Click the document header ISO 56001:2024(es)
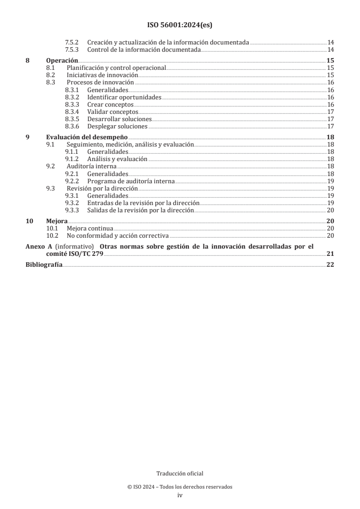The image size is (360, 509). pos(180,25)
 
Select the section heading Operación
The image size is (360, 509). pos(62,61)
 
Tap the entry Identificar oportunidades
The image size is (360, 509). pos(124,97)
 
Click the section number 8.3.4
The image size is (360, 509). pos(72,112)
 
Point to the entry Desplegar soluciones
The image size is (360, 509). pos(117,126)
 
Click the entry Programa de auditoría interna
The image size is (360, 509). pos(131,181)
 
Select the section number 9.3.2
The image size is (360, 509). pos(72,202)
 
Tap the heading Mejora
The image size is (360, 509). pos(57,221)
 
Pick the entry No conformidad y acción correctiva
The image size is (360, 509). pos(117,235)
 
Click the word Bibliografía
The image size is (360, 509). pos(44,265)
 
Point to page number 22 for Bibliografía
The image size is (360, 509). pos(330,265)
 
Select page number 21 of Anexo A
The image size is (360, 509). pos(330,254)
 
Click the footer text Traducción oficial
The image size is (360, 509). pos(180,474)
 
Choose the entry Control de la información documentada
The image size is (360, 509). pos(143,49)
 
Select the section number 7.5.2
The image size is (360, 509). pos(72,42)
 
